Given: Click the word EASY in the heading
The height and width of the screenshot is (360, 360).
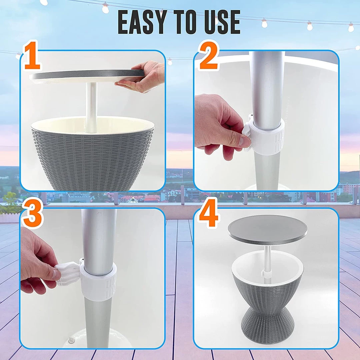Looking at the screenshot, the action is coord(142,22).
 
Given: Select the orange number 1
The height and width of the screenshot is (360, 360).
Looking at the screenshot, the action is coord(33,55).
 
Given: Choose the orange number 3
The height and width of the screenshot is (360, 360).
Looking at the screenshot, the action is coord(32,213).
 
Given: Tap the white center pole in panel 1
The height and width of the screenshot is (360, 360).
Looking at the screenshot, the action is coord(92,107).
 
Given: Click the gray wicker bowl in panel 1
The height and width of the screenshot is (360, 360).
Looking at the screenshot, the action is coord(93,156).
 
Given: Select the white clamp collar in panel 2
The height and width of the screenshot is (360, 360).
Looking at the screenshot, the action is coord(266,137).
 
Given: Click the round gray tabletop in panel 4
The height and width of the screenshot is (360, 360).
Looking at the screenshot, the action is coord(267,230).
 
